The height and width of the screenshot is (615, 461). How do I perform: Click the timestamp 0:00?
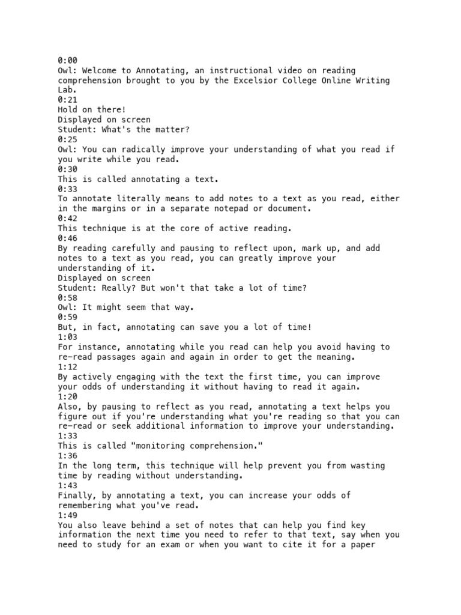[68, 61]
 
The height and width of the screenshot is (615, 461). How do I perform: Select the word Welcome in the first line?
[100, 71]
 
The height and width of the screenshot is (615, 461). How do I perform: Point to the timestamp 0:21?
[68, 100]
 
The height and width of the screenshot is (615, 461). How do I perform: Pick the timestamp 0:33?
[68, 189]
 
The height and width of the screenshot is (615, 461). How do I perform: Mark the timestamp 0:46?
[68, 238]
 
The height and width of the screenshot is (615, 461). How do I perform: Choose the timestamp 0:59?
[68, 318]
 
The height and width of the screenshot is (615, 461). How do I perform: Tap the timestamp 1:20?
[68, 396]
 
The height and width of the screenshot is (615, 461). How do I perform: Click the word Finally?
[78, 495]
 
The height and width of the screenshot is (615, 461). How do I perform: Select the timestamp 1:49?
[68, 515]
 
